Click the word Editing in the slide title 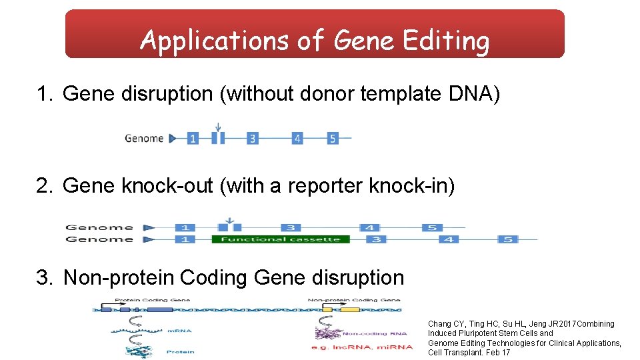click(x=446, y=41)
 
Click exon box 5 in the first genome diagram click(x=332, y=139)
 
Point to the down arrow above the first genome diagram click(x=217, y=126)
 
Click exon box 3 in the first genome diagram click(x=252, y=139)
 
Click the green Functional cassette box click(x=280, y=239)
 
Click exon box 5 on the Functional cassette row click(x=508, y=239)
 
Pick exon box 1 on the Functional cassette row click(x=185, y=239)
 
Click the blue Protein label click(x=181, y=351)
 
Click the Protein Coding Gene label click(x=152, y=300)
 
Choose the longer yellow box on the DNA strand click(x=350, y=309)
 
